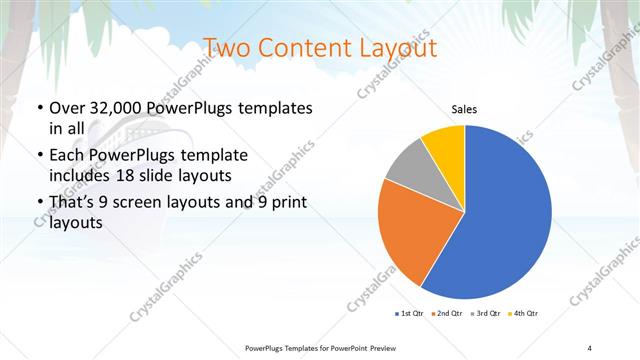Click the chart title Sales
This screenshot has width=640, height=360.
tap(464, 109)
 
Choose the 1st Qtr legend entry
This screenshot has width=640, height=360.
tap(410, 314)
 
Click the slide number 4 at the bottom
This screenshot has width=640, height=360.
tap(590, 347)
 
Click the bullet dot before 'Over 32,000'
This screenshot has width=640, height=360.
tap(37, 108)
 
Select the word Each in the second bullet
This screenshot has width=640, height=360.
tap(69, 155)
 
